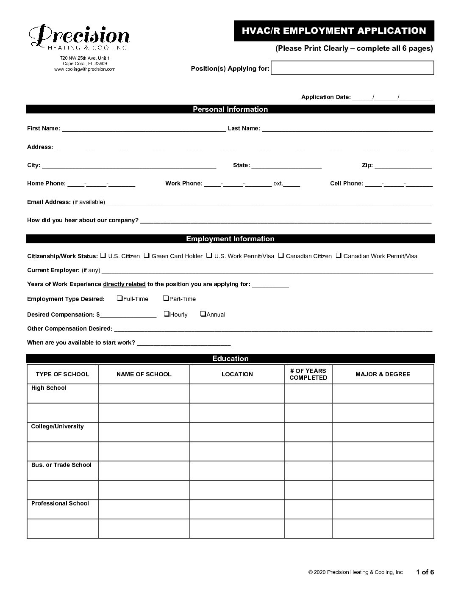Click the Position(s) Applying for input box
352,68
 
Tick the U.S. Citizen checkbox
103,256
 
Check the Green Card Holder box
146,256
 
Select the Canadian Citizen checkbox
280,256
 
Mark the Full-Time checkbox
119,298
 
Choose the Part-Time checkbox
166,298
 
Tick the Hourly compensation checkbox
167,314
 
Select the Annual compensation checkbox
203,314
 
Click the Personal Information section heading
230,109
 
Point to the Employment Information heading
230,239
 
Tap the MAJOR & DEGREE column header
383,374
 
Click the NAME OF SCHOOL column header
144,374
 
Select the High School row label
49,388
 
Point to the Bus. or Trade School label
61,465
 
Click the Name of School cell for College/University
144,432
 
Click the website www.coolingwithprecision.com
85,69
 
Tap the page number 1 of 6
425,572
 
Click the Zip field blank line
403,166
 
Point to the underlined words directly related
124,284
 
